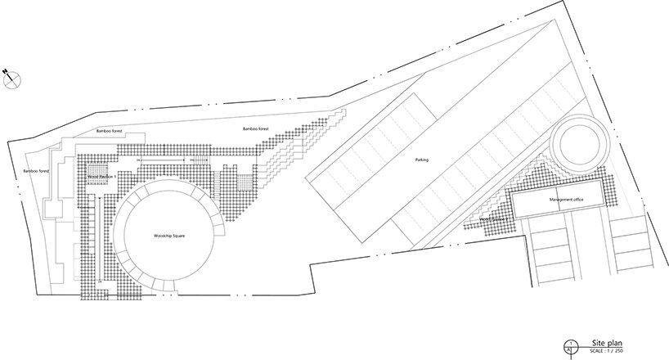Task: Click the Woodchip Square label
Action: pyautogui.click(x=170, y=236)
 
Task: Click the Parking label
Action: pyautogui.click(x=421, y=160)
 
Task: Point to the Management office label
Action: pyautogui.click(x=559, y=199)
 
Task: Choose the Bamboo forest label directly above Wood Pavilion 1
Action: pyautogui.click(x=108, y=131)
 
